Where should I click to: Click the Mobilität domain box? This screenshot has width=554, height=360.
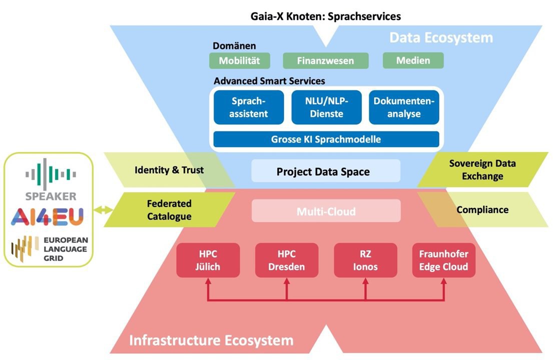240,60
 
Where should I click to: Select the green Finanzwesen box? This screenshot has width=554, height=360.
325,61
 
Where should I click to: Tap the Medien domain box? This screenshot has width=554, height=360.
413,60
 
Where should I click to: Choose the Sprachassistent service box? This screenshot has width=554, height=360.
249,107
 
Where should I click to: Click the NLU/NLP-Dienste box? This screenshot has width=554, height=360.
326,107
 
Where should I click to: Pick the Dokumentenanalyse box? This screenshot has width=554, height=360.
404,107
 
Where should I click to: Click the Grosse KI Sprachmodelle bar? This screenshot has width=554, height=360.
326,139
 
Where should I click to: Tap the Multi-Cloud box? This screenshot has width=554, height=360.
326,211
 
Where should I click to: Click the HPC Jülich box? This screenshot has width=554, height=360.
208,260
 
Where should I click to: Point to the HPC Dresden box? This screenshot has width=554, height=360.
286,260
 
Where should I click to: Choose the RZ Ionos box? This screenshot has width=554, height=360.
365,260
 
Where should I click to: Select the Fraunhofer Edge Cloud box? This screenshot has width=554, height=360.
443,260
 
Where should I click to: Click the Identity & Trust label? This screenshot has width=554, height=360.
169,170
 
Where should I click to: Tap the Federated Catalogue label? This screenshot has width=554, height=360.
169,210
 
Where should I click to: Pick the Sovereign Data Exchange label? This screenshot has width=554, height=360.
482,170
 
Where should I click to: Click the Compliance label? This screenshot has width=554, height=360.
482,210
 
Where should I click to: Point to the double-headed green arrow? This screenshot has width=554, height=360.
104,210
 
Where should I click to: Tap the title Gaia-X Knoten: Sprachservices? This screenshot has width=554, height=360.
326,16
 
